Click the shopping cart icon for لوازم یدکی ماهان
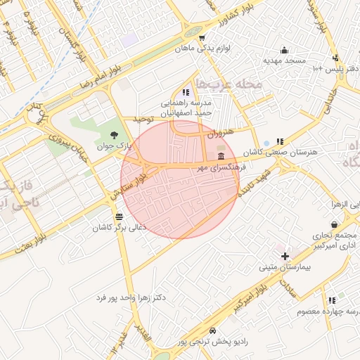coord(202,38)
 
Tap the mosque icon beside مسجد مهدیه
coord(284,50)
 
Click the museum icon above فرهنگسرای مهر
coord(221,155)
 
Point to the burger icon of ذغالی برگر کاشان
coord(118,217)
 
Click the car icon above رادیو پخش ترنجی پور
coord(212,330)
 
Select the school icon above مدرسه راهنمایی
coord(185,92)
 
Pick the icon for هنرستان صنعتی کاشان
coord(280,141)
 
